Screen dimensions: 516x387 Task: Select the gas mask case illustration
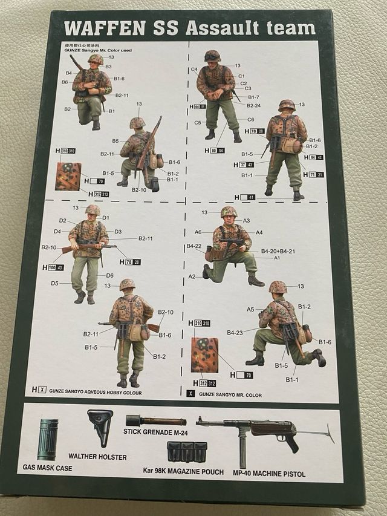click(48, 439)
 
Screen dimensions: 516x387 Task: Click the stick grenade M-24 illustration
click(156, 420)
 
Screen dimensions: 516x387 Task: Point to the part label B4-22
click(193, 246)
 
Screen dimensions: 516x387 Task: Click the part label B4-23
click(235, 332)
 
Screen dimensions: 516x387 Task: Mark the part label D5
click(54, 283)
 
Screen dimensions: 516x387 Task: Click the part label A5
click(250, 309)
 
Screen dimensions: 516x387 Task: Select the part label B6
click(64, 82)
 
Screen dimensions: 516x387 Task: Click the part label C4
click(194, 70)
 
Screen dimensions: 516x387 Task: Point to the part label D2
click(62, 221)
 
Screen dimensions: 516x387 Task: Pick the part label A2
click(192, 276)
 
